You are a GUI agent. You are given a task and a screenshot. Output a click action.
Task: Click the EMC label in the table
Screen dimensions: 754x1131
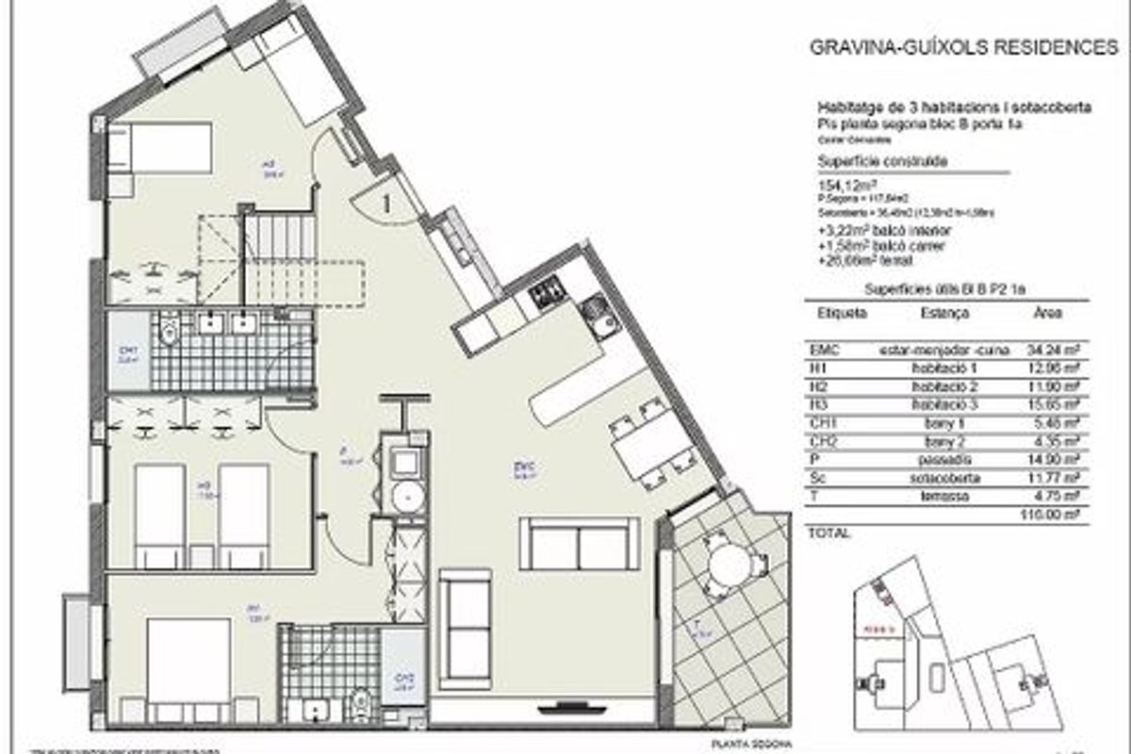(x=825, y=349)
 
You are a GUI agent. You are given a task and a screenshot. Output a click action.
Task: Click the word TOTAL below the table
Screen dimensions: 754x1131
(x=830, y=533)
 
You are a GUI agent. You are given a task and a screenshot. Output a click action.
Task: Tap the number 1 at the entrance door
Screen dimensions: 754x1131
(x=385, y=199)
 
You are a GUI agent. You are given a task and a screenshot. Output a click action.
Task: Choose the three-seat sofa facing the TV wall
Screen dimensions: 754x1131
(x=579, y=543)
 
